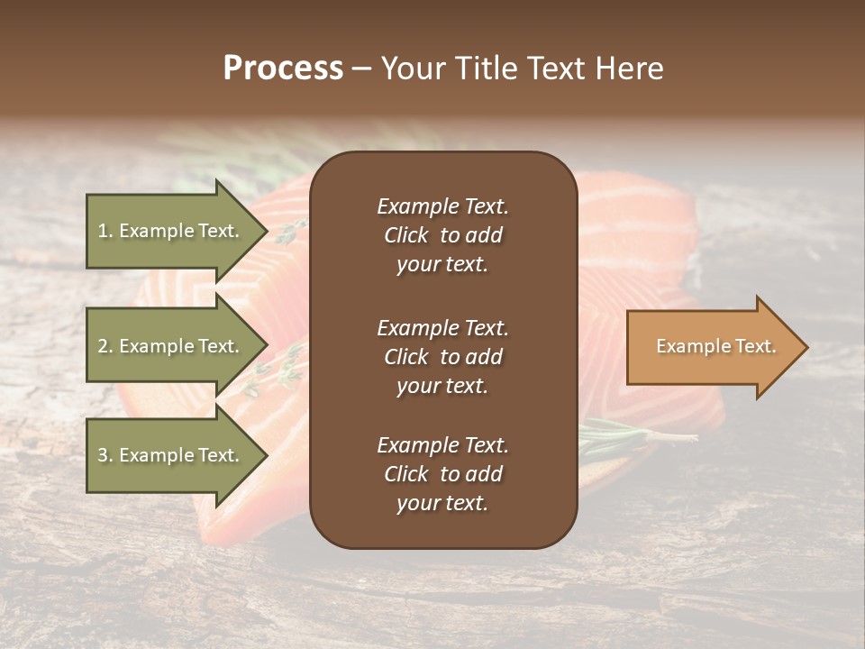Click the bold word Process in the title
(283, 69)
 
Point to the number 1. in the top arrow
(105, 231)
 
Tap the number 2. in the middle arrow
(105, 346)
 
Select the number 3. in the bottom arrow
(105, 455)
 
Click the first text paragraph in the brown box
(442, 235)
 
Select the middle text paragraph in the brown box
(442, 356)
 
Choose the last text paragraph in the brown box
(442, 474)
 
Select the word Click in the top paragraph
(405, 235)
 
